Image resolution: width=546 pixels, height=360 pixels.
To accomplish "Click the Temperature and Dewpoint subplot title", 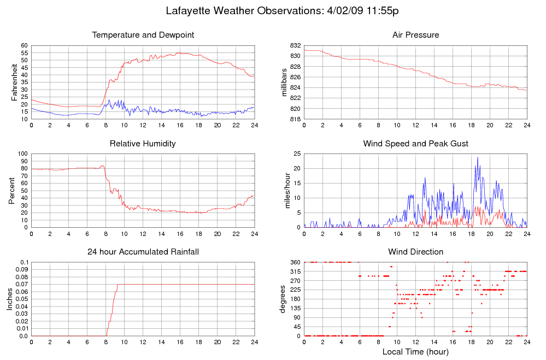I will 143,35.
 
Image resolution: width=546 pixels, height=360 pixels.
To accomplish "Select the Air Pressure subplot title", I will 415,35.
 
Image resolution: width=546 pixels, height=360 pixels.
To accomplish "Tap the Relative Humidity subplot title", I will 143,144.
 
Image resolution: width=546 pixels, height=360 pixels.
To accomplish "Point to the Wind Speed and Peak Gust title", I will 415,144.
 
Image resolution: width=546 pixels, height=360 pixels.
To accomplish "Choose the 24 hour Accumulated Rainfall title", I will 143,252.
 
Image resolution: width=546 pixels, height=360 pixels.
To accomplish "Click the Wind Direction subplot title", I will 415,252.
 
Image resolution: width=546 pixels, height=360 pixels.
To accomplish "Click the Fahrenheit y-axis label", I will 14,82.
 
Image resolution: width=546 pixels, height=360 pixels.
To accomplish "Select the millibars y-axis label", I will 284,82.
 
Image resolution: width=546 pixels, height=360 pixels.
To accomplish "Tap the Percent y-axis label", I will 12,191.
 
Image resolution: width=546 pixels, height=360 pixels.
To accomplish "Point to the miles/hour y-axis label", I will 284,191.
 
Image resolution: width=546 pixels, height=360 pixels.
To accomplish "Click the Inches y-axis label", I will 10,299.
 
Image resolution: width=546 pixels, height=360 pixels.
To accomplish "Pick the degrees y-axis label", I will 283,299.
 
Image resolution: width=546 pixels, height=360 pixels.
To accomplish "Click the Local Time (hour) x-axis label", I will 415,352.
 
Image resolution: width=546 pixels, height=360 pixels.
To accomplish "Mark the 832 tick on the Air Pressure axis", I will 295,45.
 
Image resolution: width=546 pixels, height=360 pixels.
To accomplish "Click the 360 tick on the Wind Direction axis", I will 295,263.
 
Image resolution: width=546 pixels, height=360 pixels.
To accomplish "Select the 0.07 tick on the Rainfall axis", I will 22,285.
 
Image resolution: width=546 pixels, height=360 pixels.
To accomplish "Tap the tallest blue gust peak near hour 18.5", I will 478,158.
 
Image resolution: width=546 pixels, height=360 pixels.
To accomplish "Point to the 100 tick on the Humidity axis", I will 23,154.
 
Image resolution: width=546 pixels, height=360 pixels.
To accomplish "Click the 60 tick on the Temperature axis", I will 24,45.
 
